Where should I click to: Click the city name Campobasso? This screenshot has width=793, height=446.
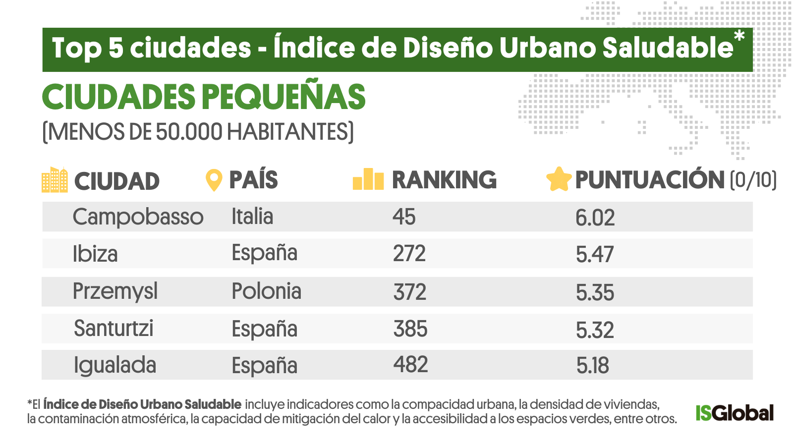138,217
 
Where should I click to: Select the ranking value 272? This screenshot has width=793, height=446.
409,254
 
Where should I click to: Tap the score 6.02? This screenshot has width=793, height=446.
595,218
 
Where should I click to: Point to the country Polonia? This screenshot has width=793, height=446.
266,291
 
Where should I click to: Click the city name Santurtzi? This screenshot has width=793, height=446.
113,329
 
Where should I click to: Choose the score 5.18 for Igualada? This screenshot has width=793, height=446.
592,366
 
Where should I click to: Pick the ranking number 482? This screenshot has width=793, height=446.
410,365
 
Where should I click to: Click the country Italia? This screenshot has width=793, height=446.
252,217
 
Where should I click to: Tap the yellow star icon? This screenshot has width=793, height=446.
559,179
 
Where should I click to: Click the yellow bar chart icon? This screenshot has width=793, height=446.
368,179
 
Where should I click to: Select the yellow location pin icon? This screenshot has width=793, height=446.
214,180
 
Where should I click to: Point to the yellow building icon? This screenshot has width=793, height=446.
55,180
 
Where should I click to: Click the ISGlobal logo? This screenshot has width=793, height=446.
734,413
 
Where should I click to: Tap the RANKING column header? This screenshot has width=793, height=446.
444,180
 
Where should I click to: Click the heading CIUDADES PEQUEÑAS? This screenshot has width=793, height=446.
204,97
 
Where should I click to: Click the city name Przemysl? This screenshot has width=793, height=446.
115,291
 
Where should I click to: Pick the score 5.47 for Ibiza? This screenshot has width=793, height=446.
594,255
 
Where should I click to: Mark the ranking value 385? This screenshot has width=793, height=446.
410,329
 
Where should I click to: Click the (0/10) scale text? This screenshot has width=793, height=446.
753,180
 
